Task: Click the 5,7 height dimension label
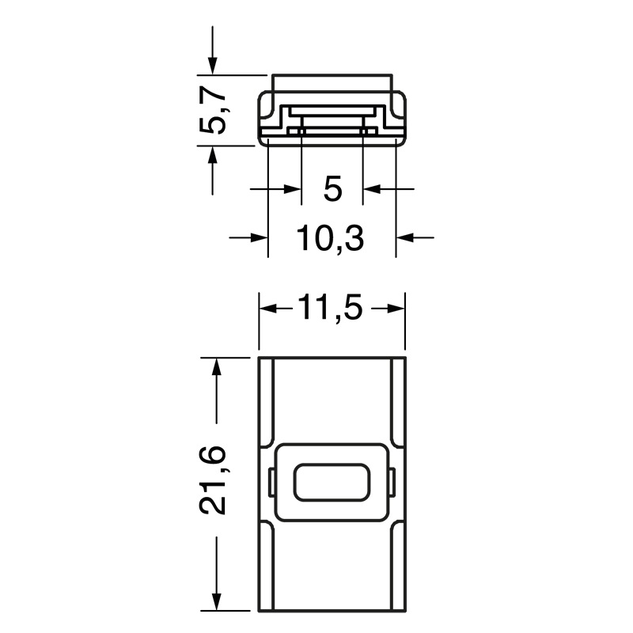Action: tap(214, 111)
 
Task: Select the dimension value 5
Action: tap(332, 189)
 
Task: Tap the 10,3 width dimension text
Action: tap(331, 237)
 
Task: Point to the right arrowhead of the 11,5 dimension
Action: tap(395, 309)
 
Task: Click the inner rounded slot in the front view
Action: tap(332, 482)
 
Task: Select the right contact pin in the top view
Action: tap(365, 131)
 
